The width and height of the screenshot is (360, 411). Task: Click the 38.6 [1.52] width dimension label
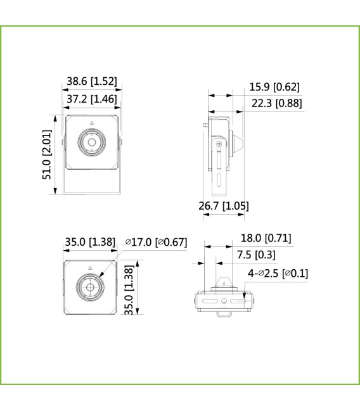click(91, 81)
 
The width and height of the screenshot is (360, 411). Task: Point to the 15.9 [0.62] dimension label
click(274, 87)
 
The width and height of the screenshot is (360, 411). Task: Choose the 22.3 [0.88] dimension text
click(276, 103)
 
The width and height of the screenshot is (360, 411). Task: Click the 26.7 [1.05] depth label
click(223, 205)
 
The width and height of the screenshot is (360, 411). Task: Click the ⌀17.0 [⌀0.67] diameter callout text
click(157, 241)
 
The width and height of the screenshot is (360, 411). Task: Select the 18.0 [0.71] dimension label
click(266, 238)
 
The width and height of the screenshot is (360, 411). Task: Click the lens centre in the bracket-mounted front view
click(91, 142)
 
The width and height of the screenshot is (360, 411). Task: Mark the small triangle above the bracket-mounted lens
click(91, 122)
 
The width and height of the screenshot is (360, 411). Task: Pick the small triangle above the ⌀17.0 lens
click(90, 267)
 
